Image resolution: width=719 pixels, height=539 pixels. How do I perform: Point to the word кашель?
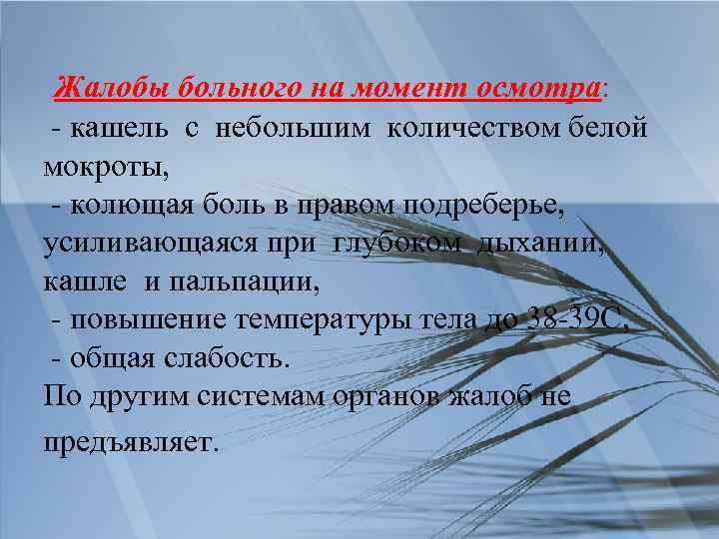114,127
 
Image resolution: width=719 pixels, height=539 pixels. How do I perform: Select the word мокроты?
102,165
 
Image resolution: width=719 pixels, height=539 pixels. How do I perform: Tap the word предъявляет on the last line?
129,439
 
